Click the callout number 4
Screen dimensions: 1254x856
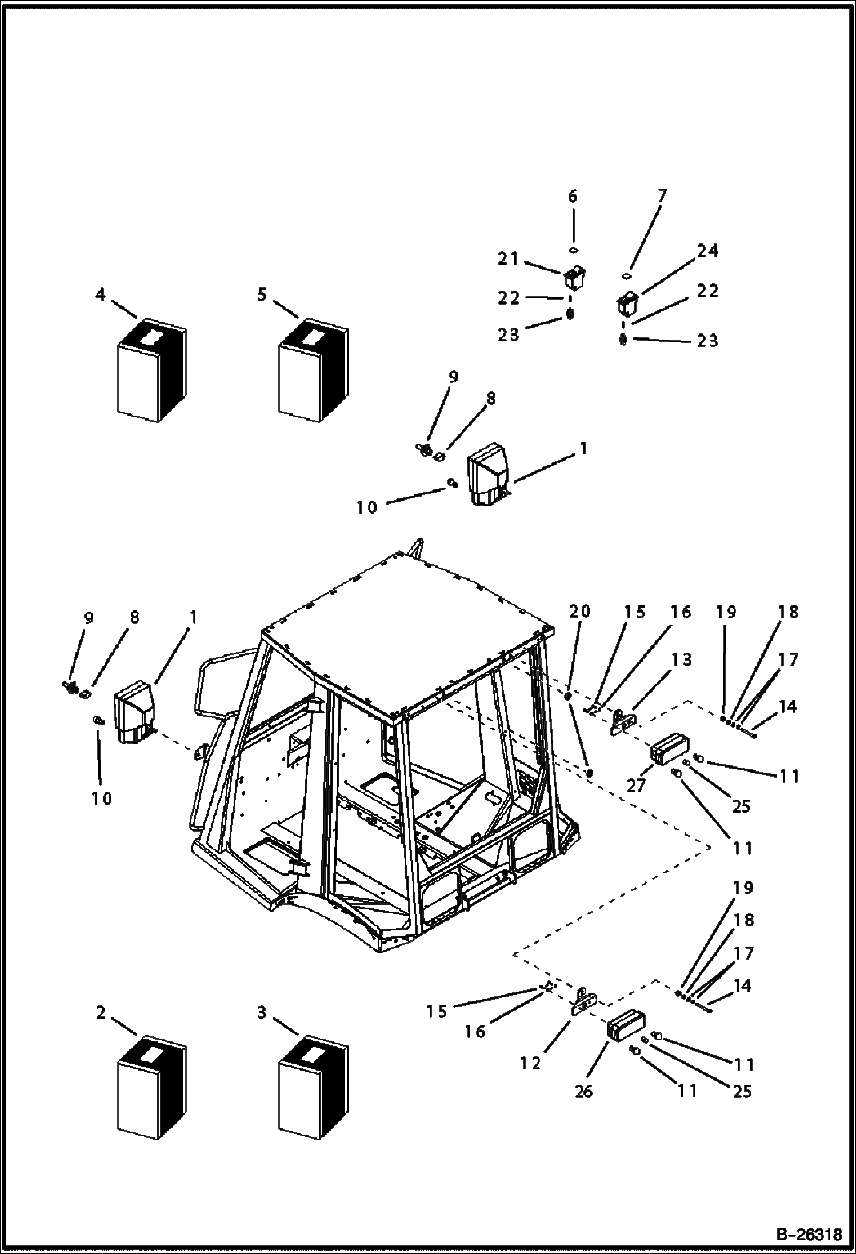click(101, 295)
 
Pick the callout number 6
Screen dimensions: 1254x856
click(573, 197)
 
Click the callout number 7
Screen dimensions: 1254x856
click(662, 197)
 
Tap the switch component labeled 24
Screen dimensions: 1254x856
click(627, 304)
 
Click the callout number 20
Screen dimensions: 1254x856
click(579, 612)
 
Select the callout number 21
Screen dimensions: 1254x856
click(507, 259)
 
